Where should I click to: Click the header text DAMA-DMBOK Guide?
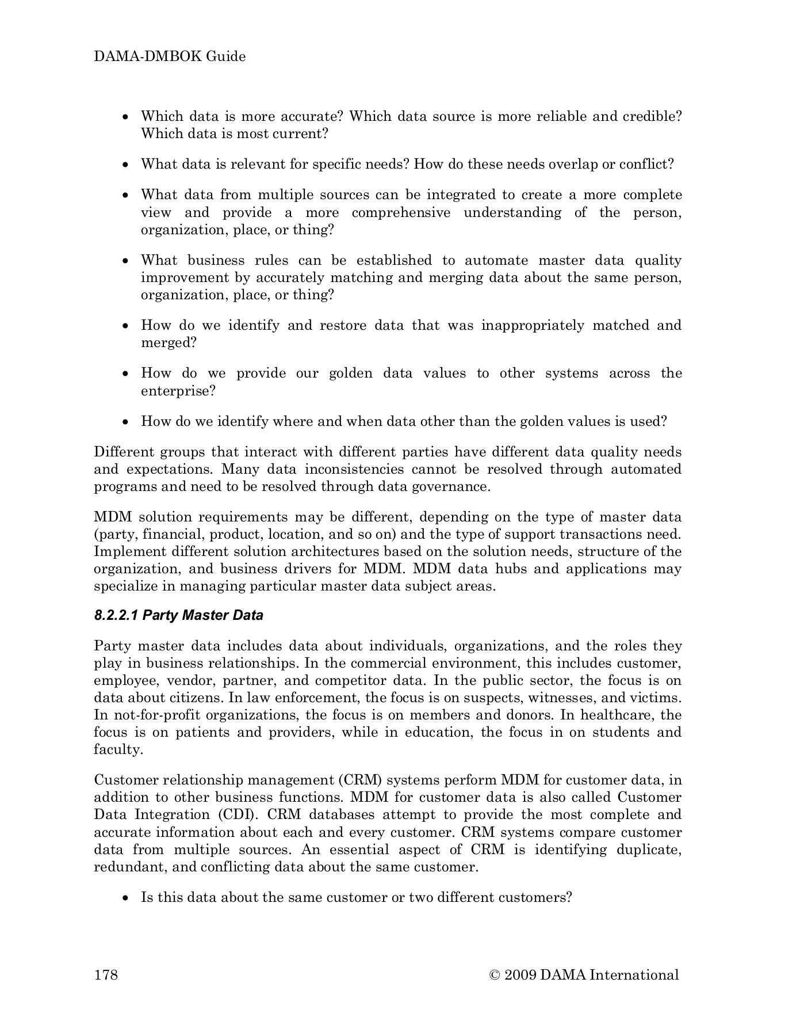(170, 56)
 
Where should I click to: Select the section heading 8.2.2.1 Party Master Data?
(178, 615)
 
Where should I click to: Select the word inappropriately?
(532, 325)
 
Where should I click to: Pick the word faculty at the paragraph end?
(118, 750)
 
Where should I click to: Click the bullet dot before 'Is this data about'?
(126, 898)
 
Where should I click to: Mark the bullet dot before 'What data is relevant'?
(126, 165)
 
